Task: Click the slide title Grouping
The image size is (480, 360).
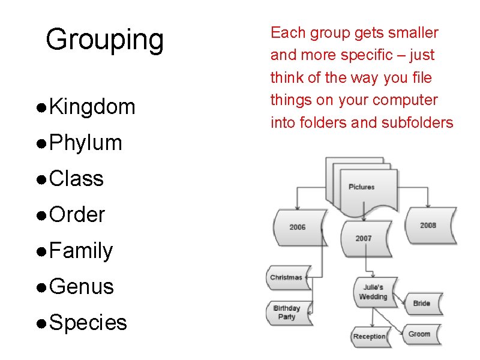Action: coord(104,40)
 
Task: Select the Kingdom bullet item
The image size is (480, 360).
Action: coord(92,107)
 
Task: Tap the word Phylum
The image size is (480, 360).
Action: coord(86,143)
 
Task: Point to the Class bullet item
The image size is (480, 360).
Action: coord(77,179)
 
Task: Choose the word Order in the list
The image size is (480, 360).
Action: coord(77,215)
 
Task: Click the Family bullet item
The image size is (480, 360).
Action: coord(82,251)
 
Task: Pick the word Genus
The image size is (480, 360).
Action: coord(82,287)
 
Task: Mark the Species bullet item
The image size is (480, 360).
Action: coord(88,323)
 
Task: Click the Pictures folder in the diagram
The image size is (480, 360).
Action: coord(362,187)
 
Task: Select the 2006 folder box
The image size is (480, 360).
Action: coord(298,227)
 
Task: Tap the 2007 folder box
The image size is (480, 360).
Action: coord(364,238)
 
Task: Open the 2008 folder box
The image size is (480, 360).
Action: coord(428,225)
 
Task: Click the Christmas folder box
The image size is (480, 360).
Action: coord(287,277)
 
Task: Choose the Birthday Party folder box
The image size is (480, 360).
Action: coord(287,313)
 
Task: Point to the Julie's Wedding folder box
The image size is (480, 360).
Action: coord(373,292)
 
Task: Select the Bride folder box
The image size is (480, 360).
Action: coord(422,303)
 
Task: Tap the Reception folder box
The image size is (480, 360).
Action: coord(369,337)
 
